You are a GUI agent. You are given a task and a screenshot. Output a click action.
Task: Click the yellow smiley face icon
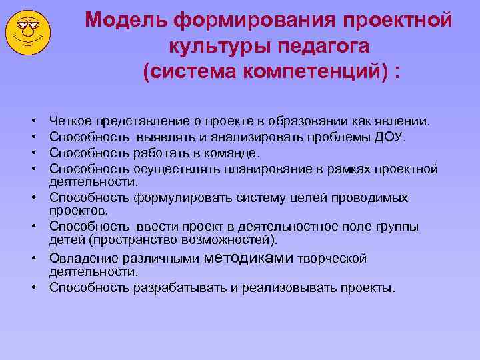pyautogui.click(x=29, y=32)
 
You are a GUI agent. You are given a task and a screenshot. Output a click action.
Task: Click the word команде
pyautogui.click(x=229, y=152)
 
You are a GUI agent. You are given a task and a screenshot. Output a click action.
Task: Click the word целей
pyautogui.click(x=317, y=198)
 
